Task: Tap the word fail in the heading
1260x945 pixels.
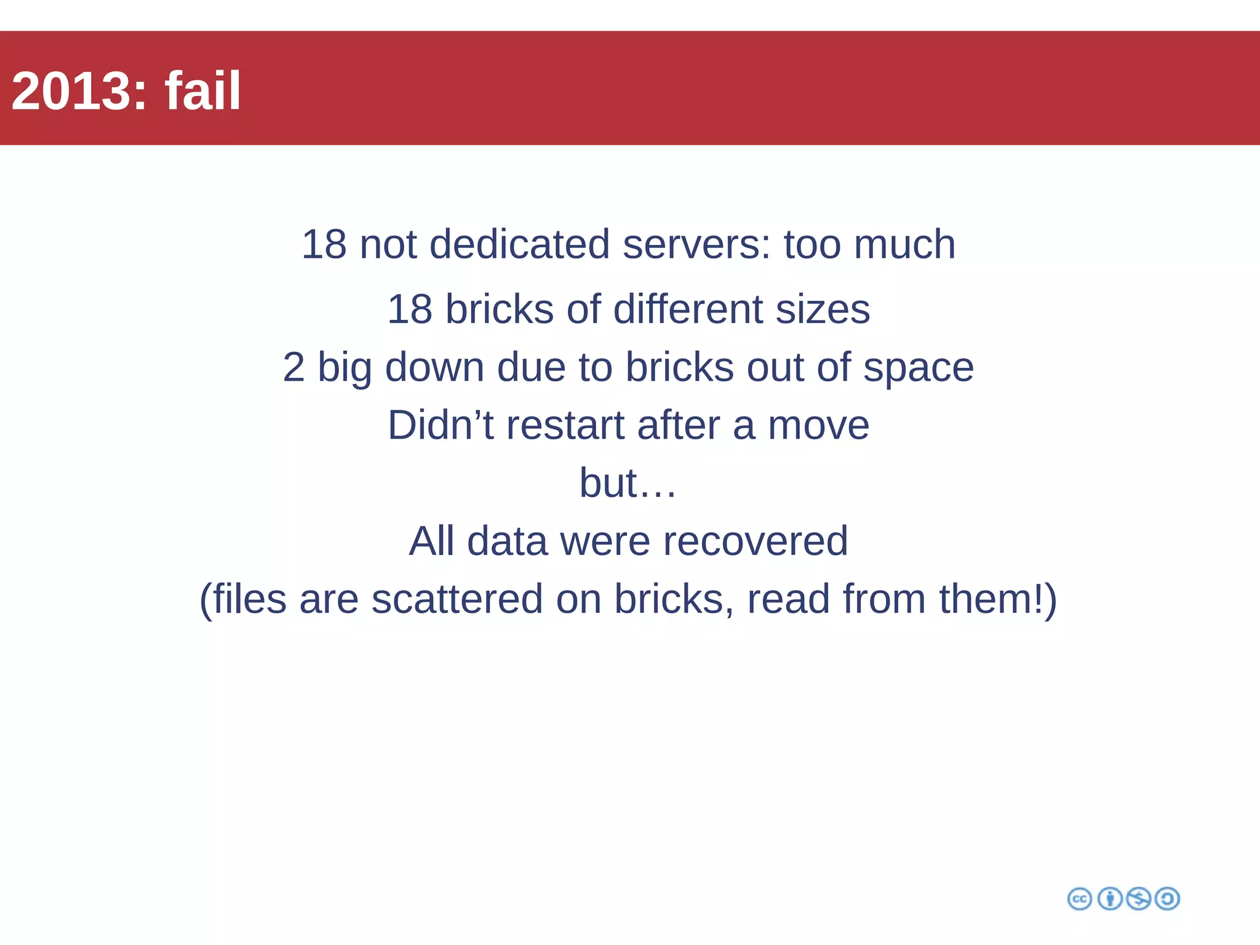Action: tap(202, 91)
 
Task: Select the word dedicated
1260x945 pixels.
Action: tap(519, 244)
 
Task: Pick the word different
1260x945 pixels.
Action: tap(688, 309)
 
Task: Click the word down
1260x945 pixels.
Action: tap(434, 367)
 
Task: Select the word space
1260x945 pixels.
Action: tap(919, 367)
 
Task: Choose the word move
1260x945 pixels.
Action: tap(818, 425)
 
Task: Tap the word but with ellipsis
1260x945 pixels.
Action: tap(628, 483)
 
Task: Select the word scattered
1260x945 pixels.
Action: tap(457, 599)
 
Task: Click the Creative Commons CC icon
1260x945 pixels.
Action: tap(1080, 899)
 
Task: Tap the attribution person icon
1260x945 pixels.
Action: tap(1110, 899)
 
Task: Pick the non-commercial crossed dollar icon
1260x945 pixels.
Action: tap(1138, 899)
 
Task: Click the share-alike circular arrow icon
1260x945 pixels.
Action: tap(1167, 899)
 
